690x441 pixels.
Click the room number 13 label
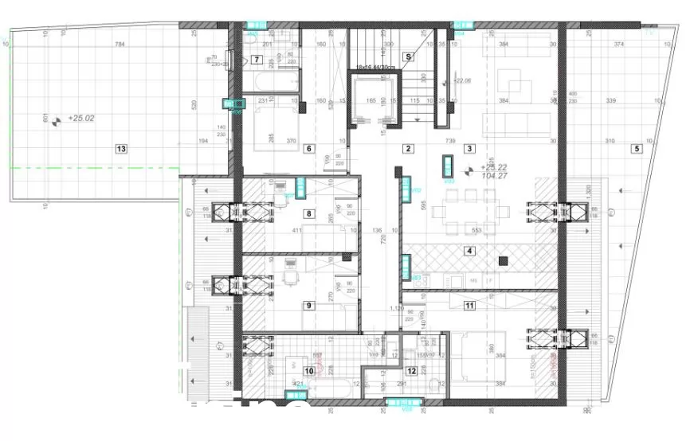click(x=121, y=148)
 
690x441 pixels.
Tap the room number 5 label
click(x=637, y=148)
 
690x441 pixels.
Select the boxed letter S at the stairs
click(x=409, y=57)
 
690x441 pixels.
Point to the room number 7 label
click(x=257, y=60)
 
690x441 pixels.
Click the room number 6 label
click(x=310, y=148)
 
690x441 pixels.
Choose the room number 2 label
click(x=408, y=148)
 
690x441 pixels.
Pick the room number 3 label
click(x=470, y=148)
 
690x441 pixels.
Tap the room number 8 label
click(x=310, y=213)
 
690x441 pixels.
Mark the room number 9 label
click(x=310, y=305)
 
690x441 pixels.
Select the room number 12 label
click(x=470, y=305)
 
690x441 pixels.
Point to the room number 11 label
click(x=412, y=370)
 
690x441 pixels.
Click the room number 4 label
click(x=470, y=252)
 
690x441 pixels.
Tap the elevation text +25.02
click(x=81, y=118)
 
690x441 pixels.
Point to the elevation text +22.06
click(x=462, y=80)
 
